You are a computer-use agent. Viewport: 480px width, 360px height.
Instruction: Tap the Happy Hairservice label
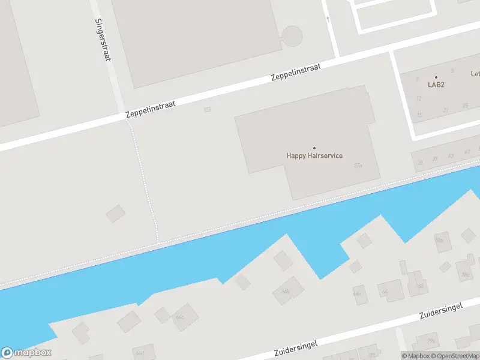pyautogui.click(x=314, y=156)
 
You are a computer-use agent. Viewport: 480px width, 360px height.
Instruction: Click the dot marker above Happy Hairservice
pyautogui.click(x=314, y=148)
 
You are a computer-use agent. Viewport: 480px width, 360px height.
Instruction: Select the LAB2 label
pyautogui.click(x=436, y=85)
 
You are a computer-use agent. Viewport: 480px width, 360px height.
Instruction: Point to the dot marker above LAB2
pyautogui.click(x=436, y=77)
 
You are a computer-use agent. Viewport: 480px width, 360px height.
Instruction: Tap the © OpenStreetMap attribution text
pyautogui.click(x=455, y=356)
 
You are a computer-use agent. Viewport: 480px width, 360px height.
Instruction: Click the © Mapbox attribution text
pyautogui.click(x=416, y=356)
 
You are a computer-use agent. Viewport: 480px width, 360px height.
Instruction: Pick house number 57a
pyautogui.click(x=358, y=165)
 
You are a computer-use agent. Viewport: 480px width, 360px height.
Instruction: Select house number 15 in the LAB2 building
pyautogui.click(x=420, y=115)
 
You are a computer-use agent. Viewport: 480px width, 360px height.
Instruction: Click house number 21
pyautogui.click(x=445, y=110)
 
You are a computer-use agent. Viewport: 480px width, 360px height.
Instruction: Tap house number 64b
pyautogui.click(x=285, y=292)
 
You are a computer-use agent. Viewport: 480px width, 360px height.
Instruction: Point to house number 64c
pyautogui.click(x=179, y=316)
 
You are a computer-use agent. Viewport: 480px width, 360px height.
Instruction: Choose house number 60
pyautogui.click(x=420, y=286)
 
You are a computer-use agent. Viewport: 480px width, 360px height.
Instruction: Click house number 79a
pyautogui.click(x=431, y=341)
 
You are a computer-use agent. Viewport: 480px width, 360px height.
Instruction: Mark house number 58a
pyautogui.click(x=439, y=241)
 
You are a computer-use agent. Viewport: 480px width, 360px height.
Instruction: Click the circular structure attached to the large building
pyautogui.click(x=292, y=36)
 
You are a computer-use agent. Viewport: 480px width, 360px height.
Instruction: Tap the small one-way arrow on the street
pyautogui.click(x=328, y=19)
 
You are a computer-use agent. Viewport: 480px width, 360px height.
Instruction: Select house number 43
pyautogui.click(x=451, y=155)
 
